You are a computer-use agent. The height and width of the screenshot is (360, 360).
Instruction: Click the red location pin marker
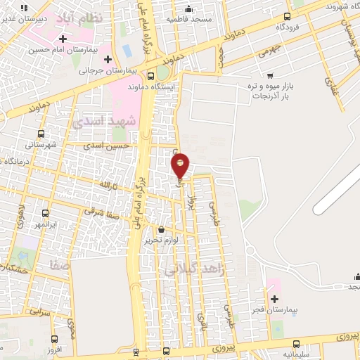click(181, 165)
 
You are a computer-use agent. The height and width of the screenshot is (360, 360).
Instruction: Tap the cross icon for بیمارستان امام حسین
click(63, 39)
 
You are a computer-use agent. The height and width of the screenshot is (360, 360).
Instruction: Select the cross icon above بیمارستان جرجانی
click(107, 59)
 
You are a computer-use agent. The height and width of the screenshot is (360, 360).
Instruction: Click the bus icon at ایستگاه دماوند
click(151, 76)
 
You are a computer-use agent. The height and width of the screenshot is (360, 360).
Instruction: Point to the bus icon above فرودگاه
click(286, 17)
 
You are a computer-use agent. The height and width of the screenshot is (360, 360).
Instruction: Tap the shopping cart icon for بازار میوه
click(271, 75)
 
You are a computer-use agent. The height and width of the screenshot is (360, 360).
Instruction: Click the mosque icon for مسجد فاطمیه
click(188, 9)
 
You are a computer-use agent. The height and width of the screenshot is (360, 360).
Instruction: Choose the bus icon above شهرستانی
click(41, 133)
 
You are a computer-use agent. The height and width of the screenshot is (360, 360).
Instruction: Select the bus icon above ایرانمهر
click(46, 212)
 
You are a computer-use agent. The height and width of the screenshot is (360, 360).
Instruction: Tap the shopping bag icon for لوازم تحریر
click(162, 229)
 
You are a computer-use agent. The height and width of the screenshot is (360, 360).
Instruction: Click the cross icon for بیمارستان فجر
click(274, 299)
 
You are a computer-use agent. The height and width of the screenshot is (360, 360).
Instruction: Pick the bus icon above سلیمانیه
click(297, 344)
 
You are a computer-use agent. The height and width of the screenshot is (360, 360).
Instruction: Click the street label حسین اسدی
click(116, 146)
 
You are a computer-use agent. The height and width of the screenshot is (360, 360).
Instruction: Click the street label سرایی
click(39, 309)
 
